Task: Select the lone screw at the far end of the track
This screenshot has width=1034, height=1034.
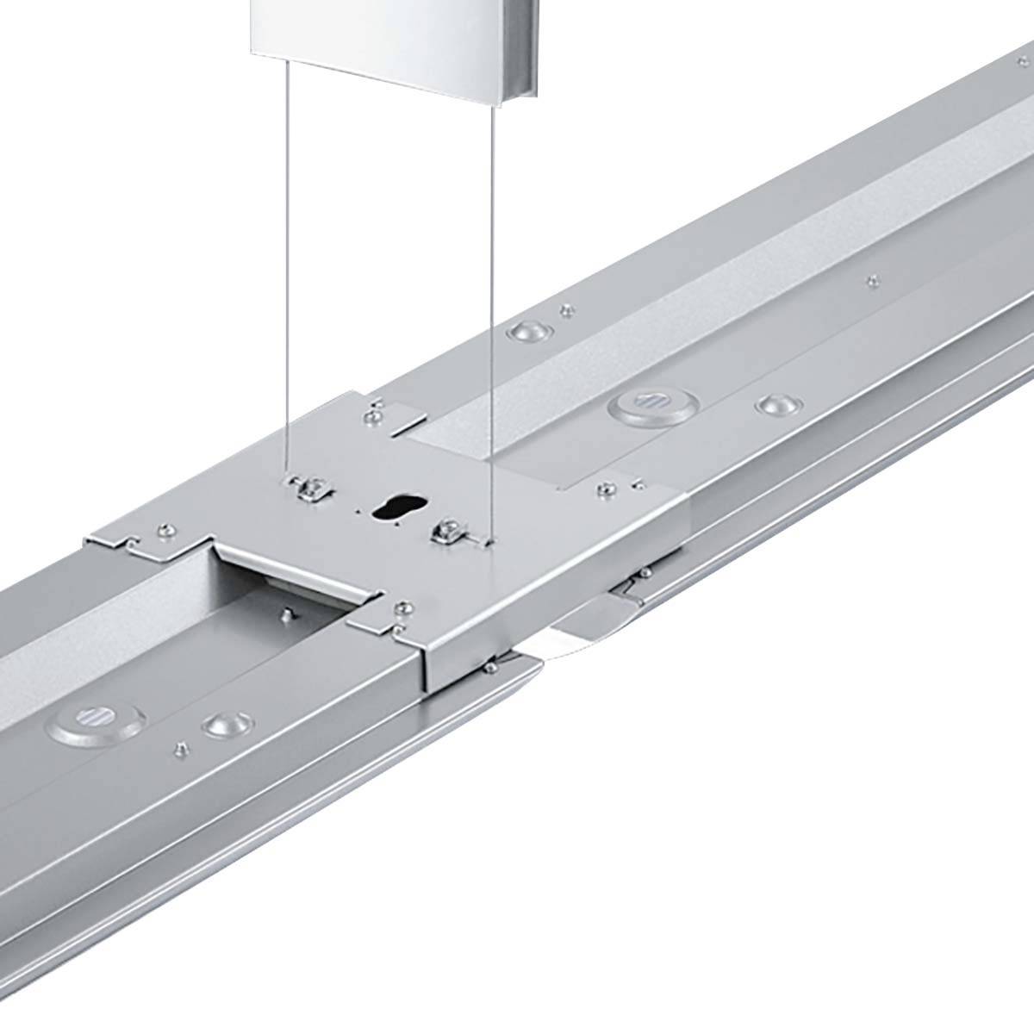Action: click(x=875, y=279)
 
